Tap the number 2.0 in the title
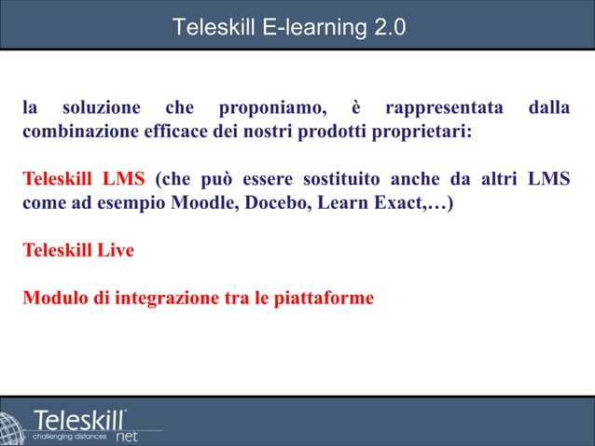pyautogui.click(x=388, y=27)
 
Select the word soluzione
pyautogui.click(x=103, y=108)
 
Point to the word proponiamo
pyautogui.click(x=270, y=108)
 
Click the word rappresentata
pyautogui.click(x=444, y=108)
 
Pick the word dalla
pyautogui.click(x=549, y=108)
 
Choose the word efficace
pyautogui.click(x=174, y=132)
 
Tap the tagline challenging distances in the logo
pyautogui.click(x=70, y=436)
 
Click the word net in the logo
pyautogui.click(x=127, y=436)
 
